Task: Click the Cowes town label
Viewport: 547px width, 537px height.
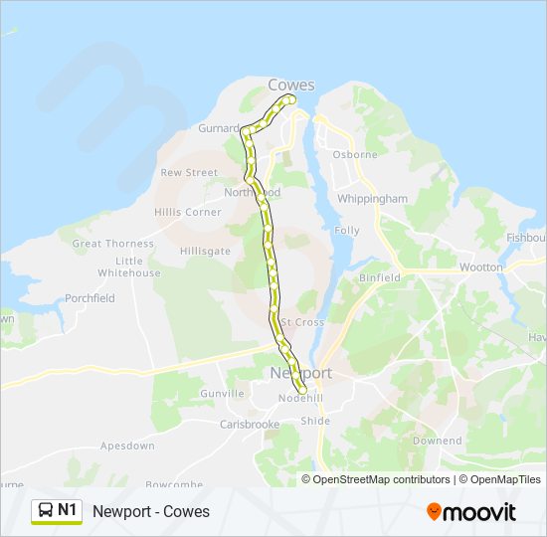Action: [291, 86]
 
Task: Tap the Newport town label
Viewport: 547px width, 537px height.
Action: [300, 373]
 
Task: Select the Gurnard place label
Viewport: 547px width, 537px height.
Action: [219, 128]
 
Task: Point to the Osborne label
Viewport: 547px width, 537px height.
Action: [355, 155]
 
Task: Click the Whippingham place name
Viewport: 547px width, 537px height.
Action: [373, 199]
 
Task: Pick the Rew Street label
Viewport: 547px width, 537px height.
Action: [189, 173]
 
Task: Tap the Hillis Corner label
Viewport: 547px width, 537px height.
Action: [188, 213]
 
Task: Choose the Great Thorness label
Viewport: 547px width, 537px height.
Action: [113, 244]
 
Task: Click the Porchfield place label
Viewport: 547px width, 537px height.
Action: [90, 298]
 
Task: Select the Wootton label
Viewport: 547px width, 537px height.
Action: [481, 268]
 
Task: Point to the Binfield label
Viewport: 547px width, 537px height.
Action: [380, 278]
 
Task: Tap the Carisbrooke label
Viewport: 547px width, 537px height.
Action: [250, 425]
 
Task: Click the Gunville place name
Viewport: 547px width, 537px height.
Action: [223, 394]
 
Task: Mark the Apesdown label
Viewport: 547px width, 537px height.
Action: [127, 447]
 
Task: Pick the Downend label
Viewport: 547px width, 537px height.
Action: [438, 441]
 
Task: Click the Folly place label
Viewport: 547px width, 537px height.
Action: [347, 231]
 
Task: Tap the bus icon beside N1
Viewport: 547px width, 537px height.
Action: [45, 511]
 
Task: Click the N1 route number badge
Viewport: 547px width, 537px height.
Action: [68, 510]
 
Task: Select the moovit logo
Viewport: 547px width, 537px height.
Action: [471, 511]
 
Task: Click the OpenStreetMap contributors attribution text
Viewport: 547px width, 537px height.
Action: [382, 479]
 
